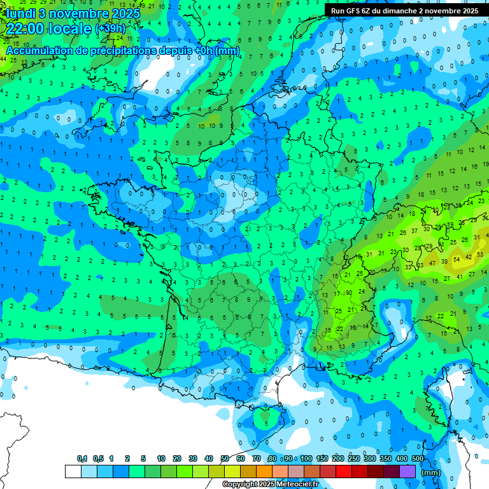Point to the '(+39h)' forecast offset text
point(110,29)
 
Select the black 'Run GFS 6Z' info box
point(404,10)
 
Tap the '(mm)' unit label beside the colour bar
point(431,472)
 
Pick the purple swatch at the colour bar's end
point(407,472)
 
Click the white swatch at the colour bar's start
point(73,472)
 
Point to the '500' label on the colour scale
point(418,459)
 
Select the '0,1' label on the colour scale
point(82,459)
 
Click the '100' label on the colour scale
point(306,459)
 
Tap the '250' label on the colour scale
point(353,459)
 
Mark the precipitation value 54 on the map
point(457,259)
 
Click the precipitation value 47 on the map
point(433,262)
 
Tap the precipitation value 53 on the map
point(421,265)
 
